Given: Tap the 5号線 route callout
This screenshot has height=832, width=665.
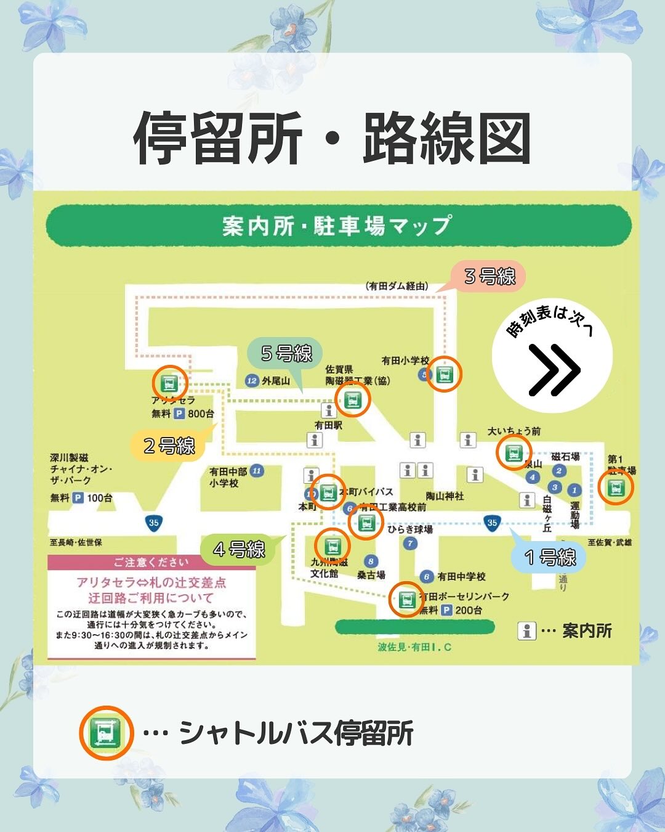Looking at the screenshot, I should [286, 354].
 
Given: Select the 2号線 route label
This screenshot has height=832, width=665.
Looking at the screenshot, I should [169, 446].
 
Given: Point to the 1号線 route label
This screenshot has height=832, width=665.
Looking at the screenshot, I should [550, 558].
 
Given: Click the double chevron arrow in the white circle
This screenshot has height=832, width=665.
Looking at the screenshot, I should [554, 370].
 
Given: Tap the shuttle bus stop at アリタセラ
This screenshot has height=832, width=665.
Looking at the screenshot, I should [169, 383].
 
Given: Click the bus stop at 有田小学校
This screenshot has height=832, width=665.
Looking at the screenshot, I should [445, 374].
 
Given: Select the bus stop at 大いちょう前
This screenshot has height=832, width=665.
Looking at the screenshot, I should [514, 452].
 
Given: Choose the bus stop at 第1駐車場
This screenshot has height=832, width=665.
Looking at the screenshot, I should [615, 487].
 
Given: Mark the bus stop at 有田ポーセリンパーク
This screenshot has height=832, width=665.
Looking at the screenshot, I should [406, 599].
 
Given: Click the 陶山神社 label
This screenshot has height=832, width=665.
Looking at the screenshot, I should [445, 496].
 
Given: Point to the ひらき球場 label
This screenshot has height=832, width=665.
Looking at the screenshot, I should [410, 529].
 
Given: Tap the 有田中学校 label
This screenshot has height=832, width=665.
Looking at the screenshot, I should [461, 576].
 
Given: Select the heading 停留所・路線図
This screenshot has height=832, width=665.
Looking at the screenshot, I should [332, 139].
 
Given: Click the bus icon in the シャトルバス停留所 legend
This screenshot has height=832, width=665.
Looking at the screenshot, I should [107, 733].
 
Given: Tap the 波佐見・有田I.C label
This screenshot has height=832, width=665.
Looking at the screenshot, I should [414, 647].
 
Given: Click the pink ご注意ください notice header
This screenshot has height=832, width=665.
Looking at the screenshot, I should [151, 562].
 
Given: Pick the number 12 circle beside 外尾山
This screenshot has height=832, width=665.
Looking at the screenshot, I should [251, 381].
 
